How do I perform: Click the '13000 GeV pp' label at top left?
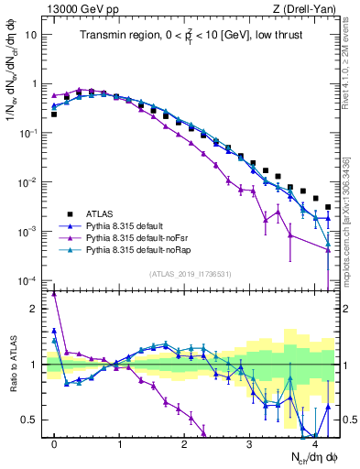pos(78,8)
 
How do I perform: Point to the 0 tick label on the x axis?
pos(54,443)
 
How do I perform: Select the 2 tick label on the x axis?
pos(185,443)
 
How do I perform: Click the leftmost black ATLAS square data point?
pos(54,115)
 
